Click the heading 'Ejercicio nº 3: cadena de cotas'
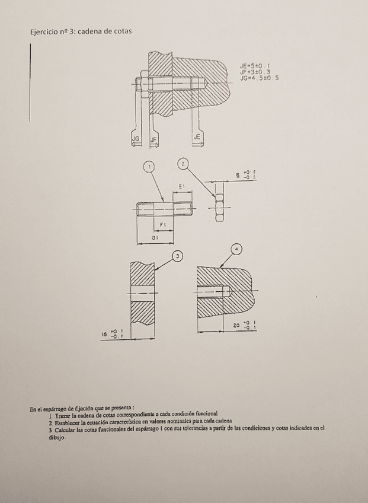(x=81, y=31)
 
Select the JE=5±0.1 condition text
(x=255, y=66)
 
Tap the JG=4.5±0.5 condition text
(x=259, y=77)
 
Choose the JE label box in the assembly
(x=197, y=138)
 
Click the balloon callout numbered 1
(x=151, y=167)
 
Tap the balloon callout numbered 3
(x=176, y=256)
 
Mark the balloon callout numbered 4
(x=238, y=249)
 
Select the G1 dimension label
(x=153, y=236)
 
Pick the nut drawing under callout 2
(x=220, y=207)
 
